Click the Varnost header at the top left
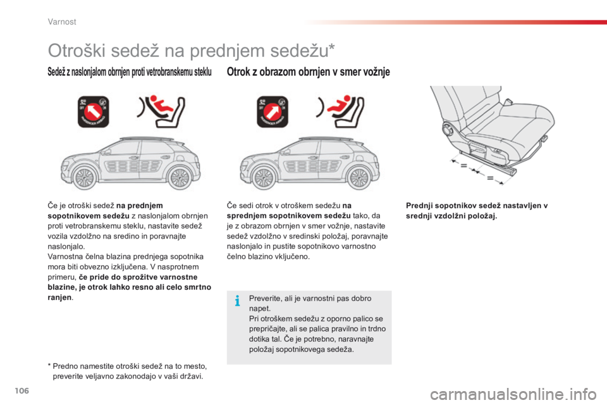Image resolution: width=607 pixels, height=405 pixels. (62, 22)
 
